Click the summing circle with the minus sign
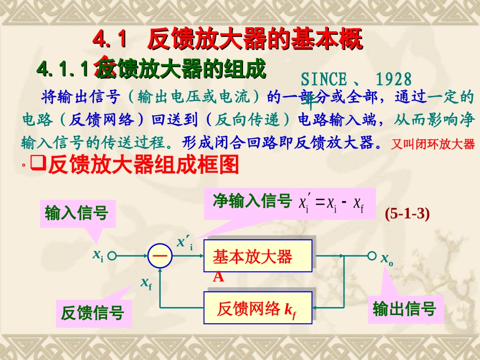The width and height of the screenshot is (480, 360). click(160, 255)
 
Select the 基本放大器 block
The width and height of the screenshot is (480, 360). click(258, 256)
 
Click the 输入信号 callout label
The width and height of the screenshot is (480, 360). click(76, 213)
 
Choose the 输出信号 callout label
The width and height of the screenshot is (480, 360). click(404, 308)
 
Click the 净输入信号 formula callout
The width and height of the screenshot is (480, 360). click(290, 203)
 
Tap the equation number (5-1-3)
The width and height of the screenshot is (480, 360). click(407, 214)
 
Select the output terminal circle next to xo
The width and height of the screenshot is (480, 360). click(372, 255)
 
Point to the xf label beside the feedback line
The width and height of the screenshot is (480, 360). click(146, 283)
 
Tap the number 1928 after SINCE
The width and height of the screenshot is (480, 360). click(394, 79)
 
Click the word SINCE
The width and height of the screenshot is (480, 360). click(324, 79)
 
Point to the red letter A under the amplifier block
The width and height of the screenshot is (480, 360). click(218, 277)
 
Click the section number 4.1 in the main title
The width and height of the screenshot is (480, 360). click(109, 40)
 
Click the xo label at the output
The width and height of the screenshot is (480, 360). click(387, 259)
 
